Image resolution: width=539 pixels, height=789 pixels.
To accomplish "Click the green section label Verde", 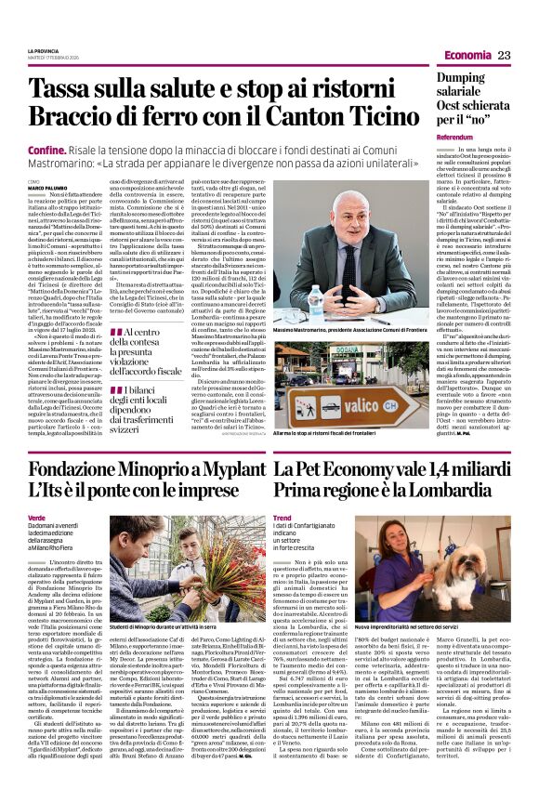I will point(36,516).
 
